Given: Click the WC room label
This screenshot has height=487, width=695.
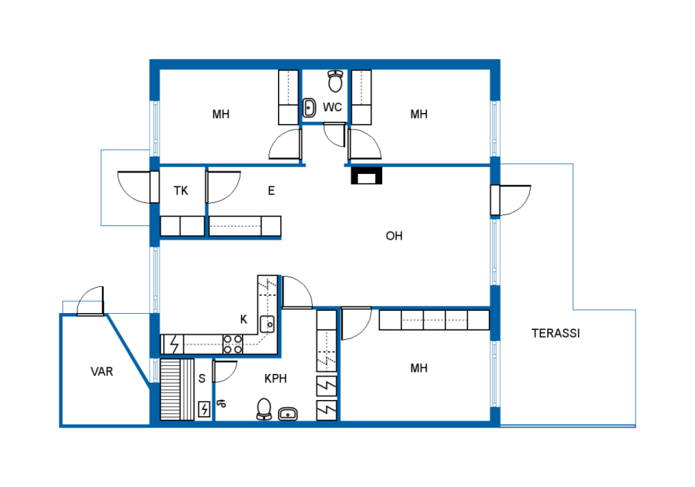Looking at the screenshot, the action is pyautogui.click(x=332, y=107).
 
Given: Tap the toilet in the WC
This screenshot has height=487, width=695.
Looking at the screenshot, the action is pyautogui.click(x=336, y=81).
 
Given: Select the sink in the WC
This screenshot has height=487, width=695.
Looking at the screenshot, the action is pyautogui.click(x=309, y=108).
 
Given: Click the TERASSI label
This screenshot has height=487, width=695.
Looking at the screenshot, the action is pyautogui.click(x=555, y=333).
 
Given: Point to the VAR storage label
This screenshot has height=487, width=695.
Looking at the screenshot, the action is pyautogui.click(x=102, y=371).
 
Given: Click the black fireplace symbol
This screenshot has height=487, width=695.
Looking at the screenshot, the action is pyautogui.click(x=367, y=176).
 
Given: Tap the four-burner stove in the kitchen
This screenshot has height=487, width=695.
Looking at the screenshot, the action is pyautogui.click(x=233, y=344).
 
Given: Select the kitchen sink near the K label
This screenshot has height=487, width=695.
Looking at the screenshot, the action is pyautogui.click(x=267, y=324).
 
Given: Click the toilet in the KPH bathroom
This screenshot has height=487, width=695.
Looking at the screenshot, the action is pyautogui.click(x=264, y=409).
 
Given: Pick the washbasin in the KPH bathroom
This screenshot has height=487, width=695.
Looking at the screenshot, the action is pyautogui.click(x=288, y=414).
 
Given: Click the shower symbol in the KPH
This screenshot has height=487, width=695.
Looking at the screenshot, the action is pyautogui.click(x=222, y=403).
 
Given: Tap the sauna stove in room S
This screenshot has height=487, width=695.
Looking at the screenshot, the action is pyautogui.click(x=204, y=409).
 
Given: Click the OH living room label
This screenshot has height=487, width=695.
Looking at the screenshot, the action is pyautogui.click(x=394, y=236).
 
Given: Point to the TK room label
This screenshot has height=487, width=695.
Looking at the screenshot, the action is pyautogui.click(x=181, y=191).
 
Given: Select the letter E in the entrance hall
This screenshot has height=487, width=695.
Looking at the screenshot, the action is pyautogui.click(x=271, y=191).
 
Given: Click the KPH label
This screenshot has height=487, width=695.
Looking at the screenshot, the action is pyautogui.click(x=275, y=379).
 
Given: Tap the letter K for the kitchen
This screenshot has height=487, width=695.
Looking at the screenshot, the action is pyautogui.click(x=244, y=319).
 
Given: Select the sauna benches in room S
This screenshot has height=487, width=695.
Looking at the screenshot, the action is pyautogui.click(x=177, y=390).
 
